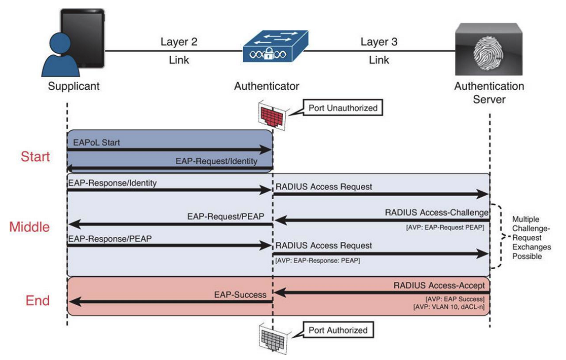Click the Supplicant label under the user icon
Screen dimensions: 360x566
(x=73, y=86)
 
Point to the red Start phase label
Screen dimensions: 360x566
(x=35, y=157)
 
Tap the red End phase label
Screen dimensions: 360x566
(x=39, y=301)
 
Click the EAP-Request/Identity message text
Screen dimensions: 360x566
(x=216, y=162)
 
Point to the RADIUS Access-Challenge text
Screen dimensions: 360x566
(x=436, y=212)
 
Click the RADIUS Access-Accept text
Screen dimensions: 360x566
(x=439, y=285)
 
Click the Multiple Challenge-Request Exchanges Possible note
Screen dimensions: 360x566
(x=532, y=238)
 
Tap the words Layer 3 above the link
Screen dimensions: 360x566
(x=379, y=42)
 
